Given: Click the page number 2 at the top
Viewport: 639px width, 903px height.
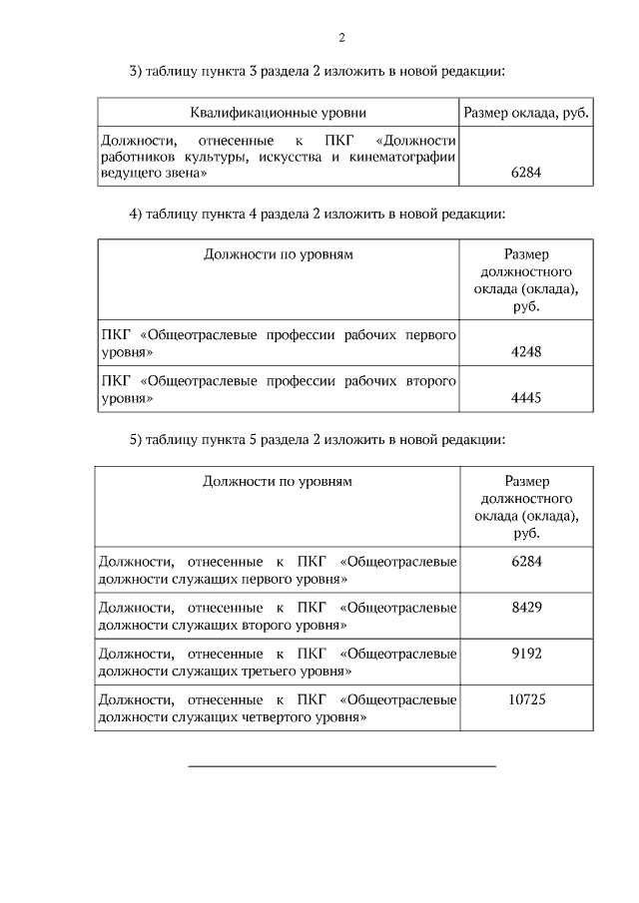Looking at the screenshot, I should pos(341,39).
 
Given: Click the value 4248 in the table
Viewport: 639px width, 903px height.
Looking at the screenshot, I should pos(525,352).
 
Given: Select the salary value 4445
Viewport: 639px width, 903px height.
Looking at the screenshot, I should pos(525,397).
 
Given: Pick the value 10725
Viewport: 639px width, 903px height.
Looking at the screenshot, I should pos(525,698).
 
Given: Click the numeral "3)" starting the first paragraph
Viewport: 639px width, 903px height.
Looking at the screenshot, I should pos(137,71).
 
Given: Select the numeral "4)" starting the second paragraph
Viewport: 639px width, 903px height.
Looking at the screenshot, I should pos(137,214).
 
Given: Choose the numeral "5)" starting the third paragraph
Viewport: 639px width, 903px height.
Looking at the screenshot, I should pos(137,439).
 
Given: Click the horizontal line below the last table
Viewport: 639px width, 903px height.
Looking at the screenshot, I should pos(341,766).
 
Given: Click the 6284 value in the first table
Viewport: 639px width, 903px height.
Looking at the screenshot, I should pos(525,172).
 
